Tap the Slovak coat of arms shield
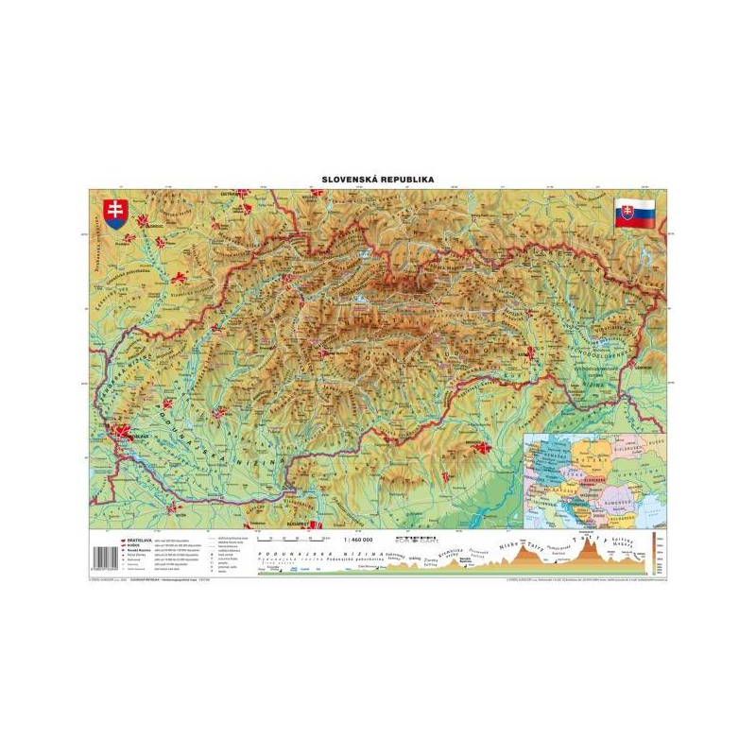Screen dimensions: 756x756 click(x=113, y=212)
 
